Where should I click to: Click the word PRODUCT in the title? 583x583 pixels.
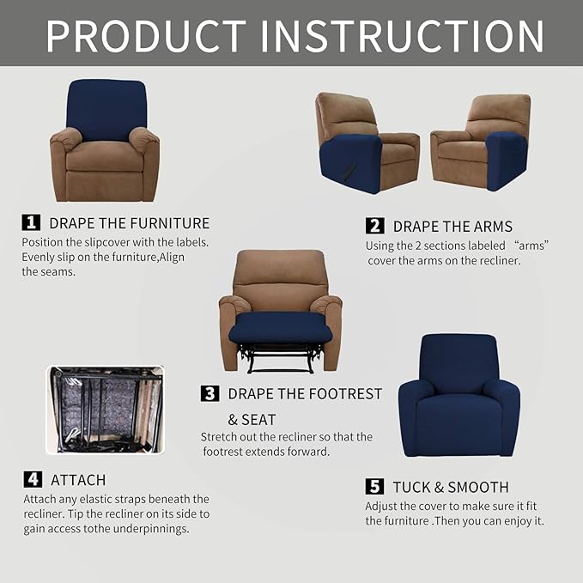147,35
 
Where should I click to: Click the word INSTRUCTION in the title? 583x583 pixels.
403,35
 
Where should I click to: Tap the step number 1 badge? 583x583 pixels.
31,222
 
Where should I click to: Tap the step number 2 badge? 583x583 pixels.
374,226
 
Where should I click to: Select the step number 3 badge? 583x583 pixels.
210,394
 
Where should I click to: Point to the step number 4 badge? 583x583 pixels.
32,479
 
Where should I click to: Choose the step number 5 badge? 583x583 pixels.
374,487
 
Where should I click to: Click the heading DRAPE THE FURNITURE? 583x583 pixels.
129,223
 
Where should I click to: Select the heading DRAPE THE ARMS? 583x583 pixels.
452,227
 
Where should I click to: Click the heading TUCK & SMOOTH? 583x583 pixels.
451,487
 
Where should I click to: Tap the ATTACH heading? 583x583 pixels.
78,480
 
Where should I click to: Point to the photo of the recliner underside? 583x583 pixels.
104,410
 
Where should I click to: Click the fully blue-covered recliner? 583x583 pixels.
459,395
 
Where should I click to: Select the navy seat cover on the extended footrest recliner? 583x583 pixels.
280,325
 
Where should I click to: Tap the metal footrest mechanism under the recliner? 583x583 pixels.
280,356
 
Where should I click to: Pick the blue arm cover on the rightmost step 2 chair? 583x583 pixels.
506,160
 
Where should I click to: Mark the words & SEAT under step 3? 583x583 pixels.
252,420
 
